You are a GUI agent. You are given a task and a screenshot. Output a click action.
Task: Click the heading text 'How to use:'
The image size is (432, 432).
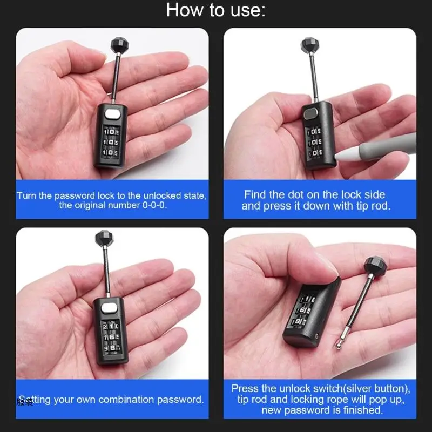click(x=215, y=10)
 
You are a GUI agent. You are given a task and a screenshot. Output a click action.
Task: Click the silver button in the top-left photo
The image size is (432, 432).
click(x=112, y=114)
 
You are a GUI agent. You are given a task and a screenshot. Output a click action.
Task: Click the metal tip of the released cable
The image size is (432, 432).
click(x=340, y=343)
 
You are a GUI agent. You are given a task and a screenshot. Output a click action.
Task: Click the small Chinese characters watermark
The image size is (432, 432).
click(x=25, y=401)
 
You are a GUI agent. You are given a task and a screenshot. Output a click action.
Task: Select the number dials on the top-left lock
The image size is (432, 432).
click(x=111, y=142)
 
